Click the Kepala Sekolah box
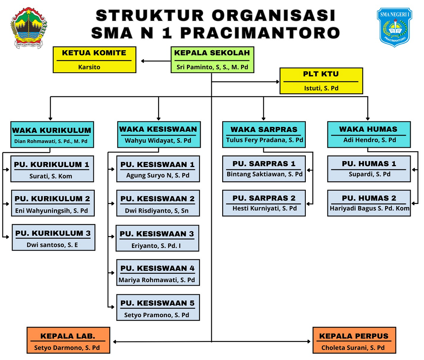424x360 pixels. (212, 60)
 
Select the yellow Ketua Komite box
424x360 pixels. (95, 60)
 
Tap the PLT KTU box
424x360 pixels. (321, 81)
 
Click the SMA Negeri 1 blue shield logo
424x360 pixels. (394, 27)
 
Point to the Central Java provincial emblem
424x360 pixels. (29, 28)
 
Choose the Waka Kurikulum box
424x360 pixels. (51, 134)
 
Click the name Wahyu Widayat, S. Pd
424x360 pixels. (158, 140)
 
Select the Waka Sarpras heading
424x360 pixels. (264, 129)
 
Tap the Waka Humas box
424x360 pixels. (369, 134)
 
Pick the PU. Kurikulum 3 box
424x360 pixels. (53, 237)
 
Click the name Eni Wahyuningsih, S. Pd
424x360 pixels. (51, 211)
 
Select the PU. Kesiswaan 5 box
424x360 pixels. (158, 307)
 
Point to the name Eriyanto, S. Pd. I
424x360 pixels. (157, 246)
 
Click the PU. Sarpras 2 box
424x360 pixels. (264, 203)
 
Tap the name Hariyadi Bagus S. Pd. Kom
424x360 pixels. (369, 208)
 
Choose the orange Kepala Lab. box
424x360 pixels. (68, 340)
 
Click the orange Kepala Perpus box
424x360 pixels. (354, 340)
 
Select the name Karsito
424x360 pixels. (89, 67)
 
